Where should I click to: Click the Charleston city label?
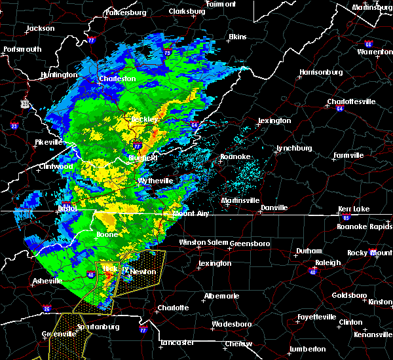click(117, 79)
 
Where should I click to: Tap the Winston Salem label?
click(201, 242)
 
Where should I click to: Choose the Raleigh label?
click(328, 262)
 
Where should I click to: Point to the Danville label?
click(274, 207)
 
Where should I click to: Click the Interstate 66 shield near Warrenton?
click(369, 44)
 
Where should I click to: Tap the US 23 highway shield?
click(24, 103)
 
